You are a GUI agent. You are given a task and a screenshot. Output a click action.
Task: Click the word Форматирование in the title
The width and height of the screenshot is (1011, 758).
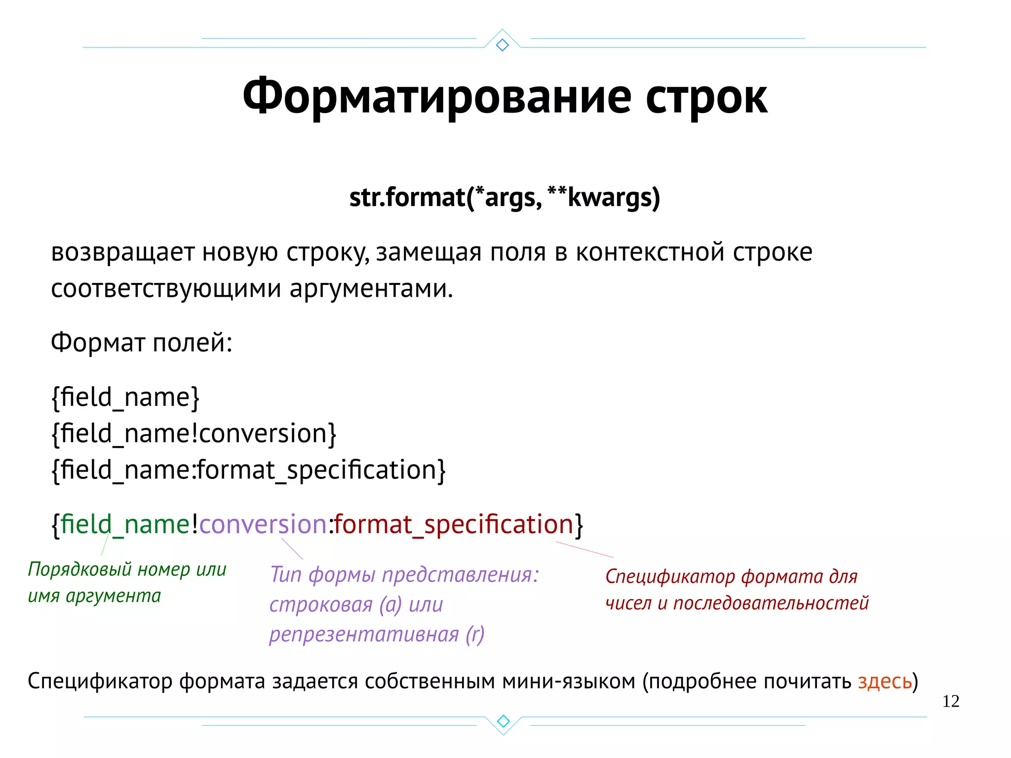(436, 97)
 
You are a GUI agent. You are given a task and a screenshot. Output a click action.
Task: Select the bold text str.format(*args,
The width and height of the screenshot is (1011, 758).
(445, 198)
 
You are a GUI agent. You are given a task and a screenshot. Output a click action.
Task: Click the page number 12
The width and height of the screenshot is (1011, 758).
(950, 701)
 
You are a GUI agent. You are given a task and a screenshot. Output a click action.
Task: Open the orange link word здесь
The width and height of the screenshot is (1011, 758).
(885, 681)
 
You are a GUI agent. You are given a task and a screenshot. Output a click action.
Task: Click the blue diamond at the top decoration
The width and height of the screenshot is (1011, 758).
(502, 45)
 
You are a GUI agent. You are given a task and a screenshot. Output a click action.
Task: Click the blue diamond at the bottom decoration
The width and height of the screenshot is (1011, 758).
(503, 721)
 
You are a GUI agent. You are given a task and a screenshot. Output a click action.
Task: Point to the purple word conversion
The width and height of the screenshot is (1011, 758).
(263, 524)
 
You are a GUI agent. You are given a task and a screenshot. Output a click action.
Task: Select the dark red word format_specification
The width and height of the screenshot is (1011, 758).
(453, 524)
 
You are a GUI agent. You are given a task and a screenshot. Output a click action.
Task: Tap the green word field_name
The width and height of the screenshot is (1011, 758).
(125, 524)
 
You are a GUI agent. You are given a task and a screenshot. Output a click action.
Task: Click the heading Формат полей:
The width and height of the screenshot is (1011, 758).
(141, 342)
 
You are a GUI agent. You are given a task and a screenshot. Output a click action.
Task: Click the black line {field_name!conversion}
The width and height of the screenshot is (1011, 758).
(194, 434)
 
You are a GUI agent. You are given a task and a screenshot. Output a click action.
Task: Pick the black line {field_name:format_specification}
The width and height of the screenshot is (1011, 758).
(248, 470)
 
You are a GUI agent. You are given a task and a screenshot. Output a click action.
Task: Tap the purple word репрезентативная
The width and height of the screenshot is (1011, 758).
(364, 635)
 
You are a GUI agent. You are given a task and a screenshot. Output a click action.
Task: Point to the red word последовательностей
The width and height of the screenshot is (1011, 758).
(771, 603)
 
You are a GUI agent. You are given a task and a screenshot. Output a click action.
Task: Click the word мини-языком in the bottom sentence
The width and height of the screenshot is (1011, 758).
(569, 681)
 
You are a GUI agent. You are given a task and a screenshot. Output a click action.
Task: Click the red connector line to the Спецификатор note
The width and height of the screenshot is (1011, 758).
(584, 550)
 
